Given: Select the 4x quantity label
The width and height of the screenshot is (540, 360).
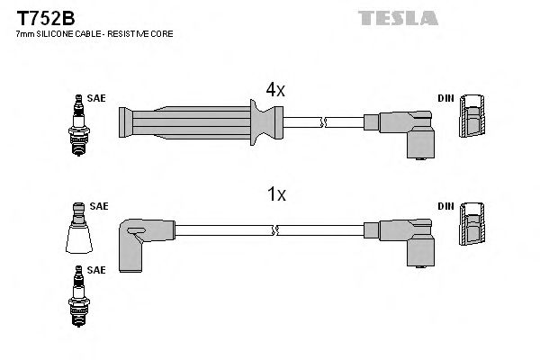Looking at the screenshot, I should click(x=274, y=89).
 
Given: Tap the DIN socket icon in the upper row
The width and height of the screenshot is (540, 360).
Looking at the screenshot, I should click(x=470, y=119).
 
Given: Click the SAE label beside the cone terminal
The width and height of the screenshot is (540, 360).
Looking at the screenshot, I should click(x=98, y=206).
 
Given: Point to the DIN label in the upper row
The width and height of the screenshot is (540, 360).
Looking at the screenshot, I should click(x=445, y=98).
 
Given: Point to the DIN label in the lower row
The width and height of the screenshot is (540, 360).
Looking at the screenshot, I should click(x=445, y=206).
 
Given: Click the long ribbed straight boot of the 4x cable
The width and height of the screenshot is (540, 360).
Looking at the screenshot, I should click(x=198, y=120).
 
